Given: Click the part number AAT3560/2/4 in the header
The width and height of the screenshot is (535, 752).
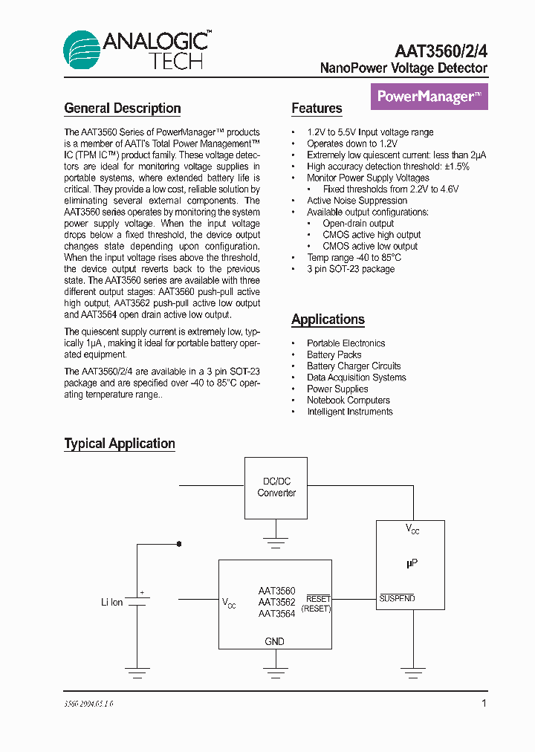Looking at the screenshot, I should [441, 50].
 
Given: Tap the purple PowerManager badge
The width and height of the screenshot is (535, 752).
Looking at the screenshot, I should [429, 97].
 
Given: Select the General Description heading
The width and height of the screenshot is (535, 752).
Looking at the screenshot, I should [123, 108].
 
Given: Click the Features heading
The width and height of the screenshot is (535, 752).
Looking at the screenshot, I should [317, 108].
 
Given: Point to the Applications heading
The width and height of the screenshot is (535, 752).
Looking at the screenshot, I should [328, 320].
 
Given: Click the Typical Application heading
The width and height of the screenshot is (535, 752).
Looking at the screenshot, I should [120, 444].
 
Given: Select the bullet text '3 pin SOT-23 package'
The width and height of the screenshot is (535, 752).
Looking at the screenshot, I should [351, 269].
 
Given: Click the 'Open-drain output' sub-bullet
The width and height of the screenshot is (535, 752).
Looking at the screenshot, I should [358, 224].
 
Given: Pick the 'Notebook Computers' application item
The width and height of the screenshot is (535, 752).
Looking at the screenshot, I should [348, 401].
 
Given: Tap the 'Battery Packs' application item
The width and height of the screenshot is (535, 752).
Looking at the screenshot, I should [334, 355].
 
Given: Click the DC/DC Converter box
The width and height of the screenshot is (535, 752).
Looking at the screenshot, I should [276, 487].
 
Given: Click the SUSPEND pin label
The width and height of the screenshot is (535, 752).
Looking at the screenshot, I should [397, 599].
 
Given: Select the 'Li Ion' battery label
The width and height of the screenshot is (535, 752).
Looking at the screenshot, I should [112, 602].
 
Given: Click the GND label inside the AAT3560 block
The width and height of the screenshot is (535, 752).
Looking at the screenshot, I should [274, 641].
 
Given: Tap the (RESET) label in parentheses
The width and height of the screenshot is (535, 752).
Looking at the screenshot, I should [316, 609].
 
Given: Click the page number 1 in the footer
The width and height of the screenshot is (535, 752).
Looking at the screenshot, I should [484, 703].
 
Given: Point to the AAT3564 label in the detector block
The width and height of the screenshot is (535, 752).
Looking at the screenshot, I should [276, 614].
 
